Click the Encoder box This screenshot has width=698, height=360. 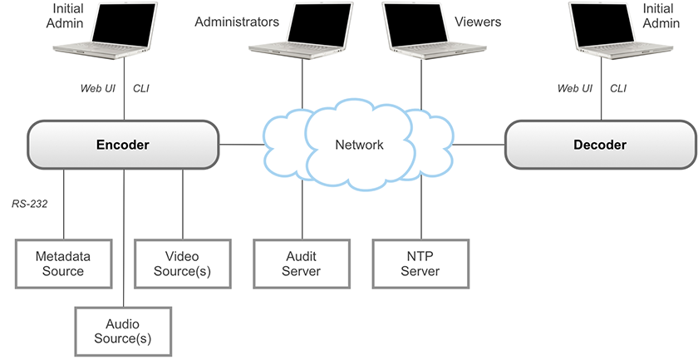pyautogui.click(x=122, y=145)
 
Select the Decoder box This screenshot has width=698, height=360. pyautogui.click(x=599, y=145)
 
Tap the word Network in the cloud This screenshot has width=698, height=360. pyautogui.click(x=359, y=145)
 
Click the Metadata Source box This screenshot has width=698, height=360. pyautogui.click(x=63, y=264)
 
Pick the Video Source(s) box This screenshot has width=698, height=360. pyautogui.click(x=182, y=264)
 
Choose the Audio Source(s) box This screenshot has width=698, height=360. pyautogui.click(x=123, y=331)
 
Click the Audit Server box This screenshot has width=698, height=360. pyautogui.click(x=301, y=264)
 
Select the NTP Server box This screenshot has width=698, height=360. pyautogui.click(x=420, y=264)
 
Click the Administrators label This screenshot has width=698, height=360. pyautogui.click(x=237, y=22)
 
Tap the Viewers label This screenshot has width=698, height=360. pyautogui.click(x=478, y=22)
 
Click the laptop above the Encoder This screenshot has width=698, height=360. pyautogui.click(x=124, y=32)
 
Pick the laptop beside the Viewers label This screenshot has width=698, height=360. pyautogui.click(x=420, y=32)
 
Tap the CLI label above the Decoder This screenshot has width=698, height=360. pyautogui.click(x=619, y=88)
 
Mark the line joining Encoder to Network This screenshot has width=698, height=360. pyautogui.click(x=241, y=145)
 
